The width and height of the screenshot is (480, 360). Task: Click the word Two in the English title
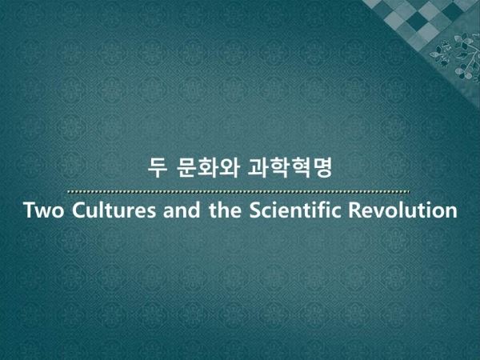44,210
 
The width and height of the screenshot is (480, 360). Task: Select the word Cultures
114,210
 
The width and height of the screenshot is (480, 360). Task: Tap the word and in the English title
182,210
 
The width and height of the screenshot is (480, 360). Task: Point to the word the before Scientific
225,210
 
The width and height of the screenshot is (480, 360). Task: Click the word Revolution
403,210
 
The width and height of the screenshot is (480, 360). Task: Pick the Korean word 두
158,167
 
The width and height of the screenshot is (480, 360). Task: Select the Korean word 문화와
207,167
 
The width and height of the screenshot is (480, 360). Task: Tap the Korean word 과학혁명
290,167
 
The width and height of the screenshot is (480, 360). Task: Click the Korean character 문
186,167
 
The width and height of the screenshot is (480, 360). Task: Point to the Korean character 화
207,167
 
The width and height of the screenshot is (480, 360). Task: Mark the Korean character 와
228,167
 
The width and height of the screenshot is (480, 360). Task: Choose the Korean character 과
258,167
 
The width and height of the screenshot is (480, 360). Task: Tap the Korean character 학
279,167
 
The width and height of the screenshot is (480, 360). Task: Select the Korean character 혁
301,167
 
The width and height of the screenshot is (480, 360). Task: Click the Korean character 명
322,167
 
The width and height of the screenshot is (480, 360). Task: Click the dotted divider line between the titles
238,192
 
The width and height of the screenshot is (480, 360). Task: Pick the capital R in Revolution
355,210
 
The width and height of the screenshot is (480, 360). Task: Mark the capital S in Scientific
256,210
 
